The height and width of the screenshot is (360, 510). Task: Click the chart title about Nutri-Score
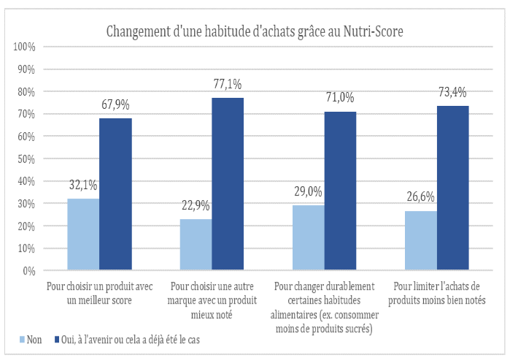click(x=255, y=31)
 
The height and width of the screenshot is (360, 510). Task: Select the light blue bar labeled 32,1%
click(x=83, y=234)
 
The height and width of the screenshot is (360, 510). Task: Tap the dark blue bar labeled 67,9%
click(x=115, y=194)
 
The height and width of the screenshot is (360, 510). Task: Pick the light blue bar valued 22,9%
click(x=196, y=245)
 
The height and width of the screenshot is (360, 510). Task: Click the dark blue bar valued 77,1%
click(x=228, y=184)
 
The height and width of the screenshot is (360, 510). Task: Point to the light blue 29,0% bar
click(x=309, y=238)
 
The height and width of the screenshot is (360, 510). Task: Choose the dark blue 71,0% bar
click(x=340, y=191)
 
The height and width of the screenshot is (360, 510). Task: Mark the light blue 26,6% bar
click(x=421, y=240)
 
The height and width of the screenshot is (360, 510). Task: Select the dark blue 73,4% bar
click(x=452, y=188)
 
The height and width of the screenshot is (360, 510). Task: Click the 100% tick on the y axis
click(x=24, y=47)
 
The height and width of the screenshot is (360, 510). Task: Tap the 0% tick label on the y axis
click(x=29, y=271)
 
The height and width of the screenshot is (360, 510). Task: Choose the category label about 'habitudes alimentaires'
click(x=324, y=307)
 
